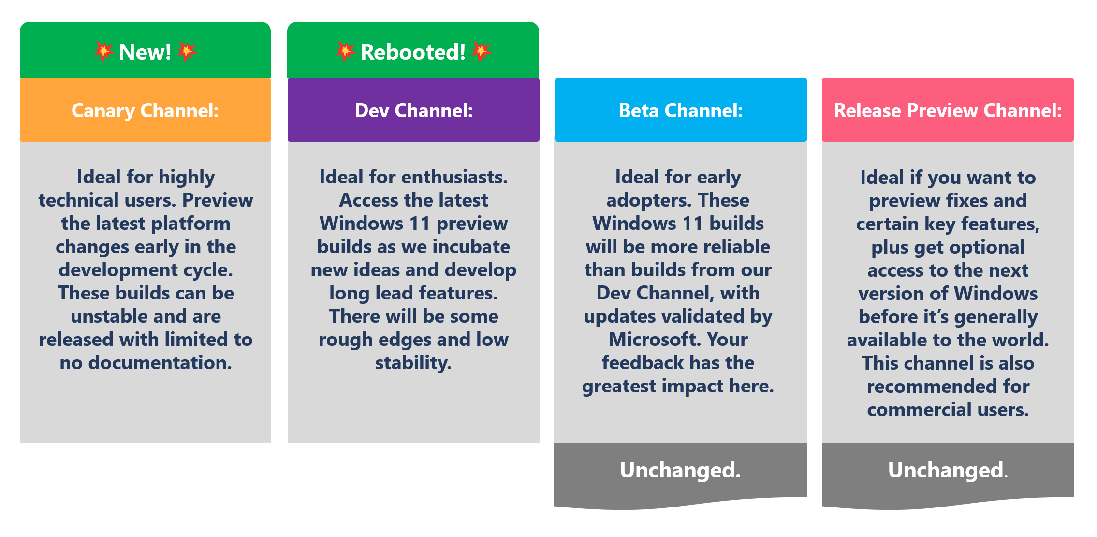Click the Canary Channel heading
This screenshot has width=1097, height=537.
tap(145, 111)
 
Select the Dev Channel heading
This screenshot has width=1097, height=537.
tap(413, 111)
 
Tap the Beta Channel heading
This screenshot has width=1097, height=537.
tap(681, 111)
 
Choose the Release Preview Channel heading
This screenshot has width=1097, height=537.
tap(948, 111)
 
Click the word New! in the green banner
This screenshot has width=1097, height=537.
tap(145, 52)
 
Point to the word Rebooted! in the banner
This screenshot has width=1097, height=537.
tap(413, 52)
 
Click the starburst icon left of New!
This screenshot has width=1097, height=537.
tap(103, 51)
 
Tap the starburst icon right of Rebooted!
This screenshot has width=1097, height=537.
tap(482, 51)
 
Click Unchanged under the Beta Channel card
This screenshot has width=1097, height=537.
tap(680, 470)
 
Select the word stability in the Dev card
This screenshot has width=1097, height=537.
tap(413, 363)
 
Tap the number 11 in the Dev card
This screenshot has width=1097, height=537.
tap(420, 224)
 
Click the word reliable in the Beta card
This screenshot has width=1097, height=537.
tap(734, 247)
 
